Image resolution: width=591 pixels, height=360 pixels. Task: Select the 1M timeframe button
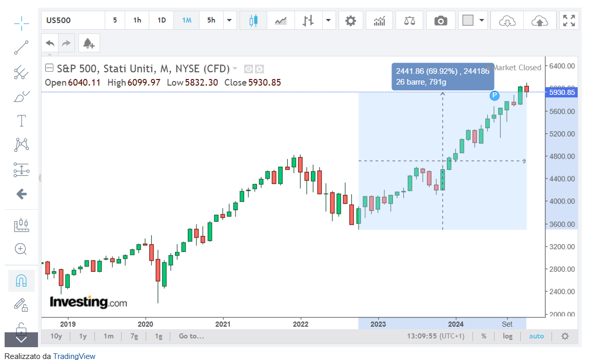click(187, 21)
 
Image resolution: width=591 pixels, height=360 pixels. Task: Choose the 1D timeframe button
click(162, 21)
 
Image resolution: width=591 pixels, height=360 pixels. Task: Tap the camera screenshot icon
click(440, 21)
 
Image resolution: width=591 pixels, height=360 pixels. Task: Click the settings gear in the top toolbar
click(350, 21)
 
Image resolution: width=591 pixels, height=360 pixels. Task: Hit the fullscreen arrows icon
click(569, 21)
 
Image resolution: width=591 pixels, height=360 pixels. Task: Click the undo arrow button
click(50, 43)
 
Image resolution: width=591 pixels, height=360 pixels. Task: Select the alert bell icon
click(89, 43)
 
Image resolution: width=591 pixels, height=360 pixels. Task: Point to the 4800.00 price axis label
click(562, 156)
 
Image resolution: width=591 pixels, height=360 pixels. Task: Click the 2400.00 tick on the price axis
click(562, 292)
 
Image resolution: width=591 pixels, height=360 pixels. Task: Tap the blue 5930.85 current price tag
click(562, 93)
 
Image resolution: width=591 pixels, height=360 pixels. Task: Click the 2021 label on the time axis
click(223, 324)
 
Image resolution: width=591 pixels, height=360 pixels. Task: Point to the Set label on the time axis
click(507, 324)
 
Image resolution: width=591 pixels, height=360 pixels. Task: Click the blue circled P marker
click(495, 95)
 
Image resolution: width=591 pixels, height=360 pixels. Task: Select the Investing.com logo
click(88, 302)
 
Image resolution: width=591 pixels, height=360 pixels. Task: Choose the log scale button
click(507, 336)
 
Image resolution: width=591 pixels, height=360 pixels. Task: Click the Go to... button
click(191, 336)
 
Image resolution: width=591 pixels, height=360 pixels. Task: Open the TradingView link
click(74, 356)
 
